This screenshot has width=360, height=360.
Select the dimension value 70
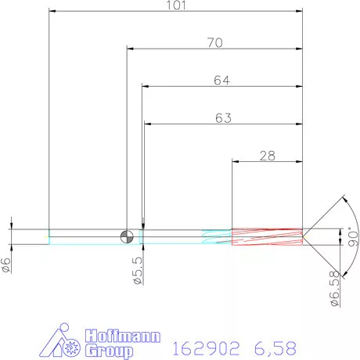tap(214, 43)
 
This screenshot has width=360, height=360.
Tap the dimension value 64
tap(222, 81)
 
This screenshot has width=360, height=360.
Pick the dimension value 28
tap(268, 157)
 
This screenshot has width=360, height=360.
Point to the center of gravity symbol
tap(127, 236)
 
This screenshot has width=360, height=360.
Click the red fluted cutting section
tap(267, 236)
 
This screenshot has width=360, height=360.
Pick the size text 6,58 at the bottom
tap(276, 346)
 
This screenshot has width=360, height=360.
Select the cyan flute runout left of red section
tap(217, 236)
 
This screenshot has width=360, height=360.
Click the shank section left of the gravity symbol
tap(86, 236)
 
